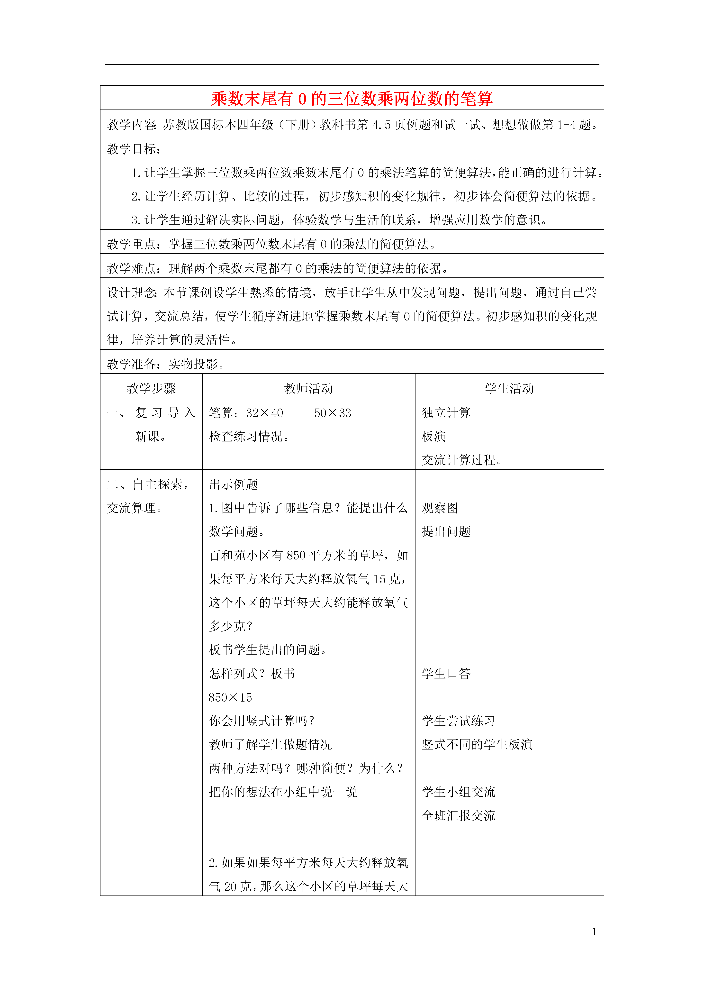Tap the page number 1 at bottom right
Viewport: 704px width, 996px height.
click(594, 931)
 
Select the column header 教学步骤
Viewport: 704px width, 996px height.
click(151, 388)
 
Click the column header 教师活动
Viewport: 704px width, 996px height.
click(308, 388)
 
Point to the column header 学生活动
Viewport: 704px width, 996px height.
click(509, 388)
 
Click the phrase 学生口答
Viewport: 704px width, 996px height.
click(446, 673)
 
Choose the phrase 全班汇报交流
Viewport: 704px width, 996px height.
click(458, 815)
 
